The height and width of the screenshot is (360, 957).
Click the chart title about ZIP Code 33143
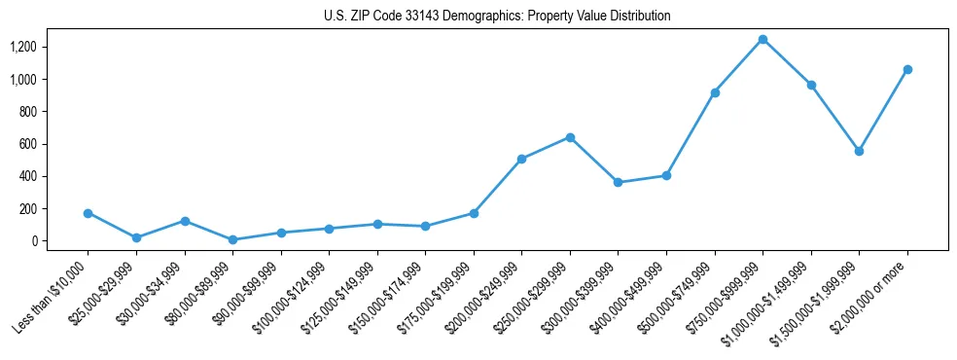[x=497, y=16]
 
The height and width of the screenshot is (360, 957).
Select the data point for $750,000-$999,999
[x=762, y=39]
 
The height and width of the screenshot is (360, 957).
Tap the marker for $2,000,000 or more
[x=907, y=69]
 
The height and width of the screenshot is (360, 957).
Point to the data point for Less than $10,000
[x=89, y=212]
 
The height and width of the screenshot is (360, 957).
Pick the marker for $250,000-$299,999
[x=570, y=137]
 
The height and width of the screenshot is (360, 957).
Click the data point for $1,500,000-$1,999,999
[x=859, y=151]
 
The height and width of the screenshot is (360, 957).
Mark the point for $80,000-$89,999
[x=233, y=239]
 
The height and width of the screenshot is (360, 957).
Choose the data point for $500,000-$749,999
[x=715, y=92]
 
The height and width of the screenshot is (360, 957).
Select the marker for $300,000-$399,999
[x=619, y=182]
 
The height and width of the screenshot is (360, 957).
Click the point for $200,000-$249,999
[x=522, y=159]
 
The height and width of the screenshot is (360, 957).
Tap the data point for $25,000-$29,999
[x=136, y=237]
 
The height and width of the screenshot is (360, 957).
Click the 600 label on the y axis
[x=27, y=144]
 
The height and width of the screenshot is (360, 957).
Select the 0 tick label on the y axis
[x=34, y=241]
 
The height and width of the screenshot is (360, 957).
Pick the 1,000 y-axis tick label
[x=22, y=79]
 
